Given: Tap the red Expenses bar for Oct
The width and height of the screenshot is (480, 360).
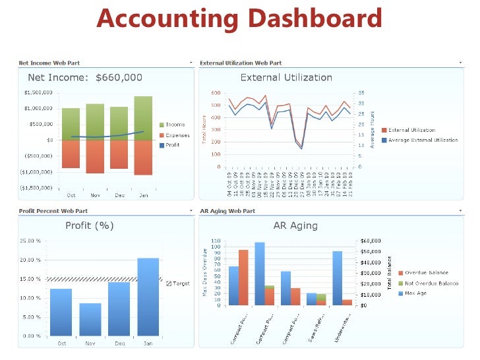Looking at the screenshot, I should tap(71, 154).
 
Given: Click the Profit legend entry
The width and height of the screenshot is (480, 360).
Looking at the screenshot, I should tap(172, 145).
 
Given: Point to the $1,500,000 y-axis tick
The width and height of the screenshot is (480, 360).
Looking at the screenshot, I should tap(38, 93).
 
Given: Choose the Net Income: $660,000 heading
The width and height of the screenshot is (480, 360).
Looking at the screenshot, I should tap(85, 77).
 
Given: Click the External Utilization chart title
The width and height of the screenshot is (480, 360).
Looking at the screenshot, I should tap(286, 77).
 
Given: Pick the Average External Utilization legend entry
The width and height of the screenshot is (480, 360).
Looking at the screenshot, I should tap(423, 140).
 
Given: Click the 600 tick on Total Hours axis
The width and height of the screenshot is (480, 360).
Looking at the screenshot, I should tap(215, 93).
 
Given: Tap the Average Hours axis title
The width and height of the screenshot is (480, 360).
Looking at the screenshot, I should tap(372, 130).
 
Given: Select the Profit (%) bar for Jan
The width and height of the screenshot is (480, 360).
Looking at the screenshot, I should tap(148, 297).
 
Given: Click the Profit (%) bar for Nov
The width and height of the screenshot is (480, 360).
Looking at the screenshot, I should tap(90, 319).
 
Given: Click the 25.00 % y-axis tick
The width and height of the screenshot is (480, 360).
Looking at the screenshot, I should tap(30, 241).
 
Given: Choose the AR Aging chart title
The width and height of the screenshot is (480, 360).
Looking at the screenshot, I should tap(295, 225).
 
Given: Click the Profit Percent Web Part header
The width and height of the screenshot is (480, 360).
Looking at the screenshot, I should tap(53, 211).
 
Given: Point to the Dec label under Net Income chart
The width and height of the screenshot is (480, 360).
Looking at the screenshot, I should tap(119, 195).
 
